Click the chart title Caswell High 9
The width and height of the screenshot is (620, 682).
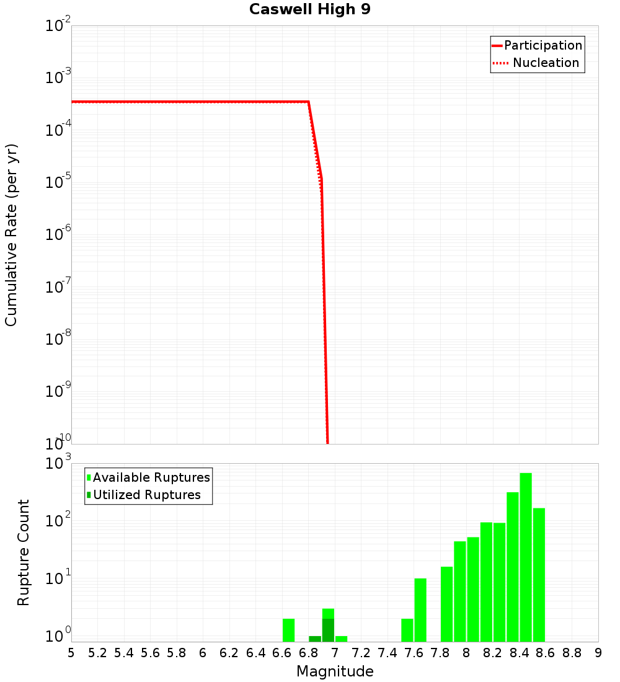[309, 10]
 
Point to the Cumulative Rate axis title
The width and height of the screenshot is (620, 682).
[11, 234]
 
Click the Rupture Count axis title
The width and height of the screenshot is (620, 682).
[24, 552]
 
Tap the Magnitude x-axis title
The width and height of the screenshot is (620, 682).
[335, 671]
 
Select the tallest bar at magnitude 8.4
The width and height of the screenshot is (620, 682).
[526, 557]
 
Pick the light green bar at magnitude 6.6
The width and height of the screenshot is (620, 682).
[288, 630]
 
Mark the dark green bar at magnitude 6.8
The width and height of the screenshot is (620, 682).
[315, 639]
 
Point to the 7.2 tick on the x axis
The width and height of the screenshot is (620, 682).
[361, 653]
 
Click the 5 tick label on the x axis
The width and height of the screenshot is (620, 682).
[71, 653]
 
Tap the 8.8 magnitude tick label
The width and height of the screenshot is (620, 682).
[572, 653]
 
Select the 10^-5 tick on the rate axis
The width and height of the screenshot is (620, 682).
[55, 183]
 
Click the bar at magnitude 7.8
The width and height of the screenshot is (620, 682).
[446, 604]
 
